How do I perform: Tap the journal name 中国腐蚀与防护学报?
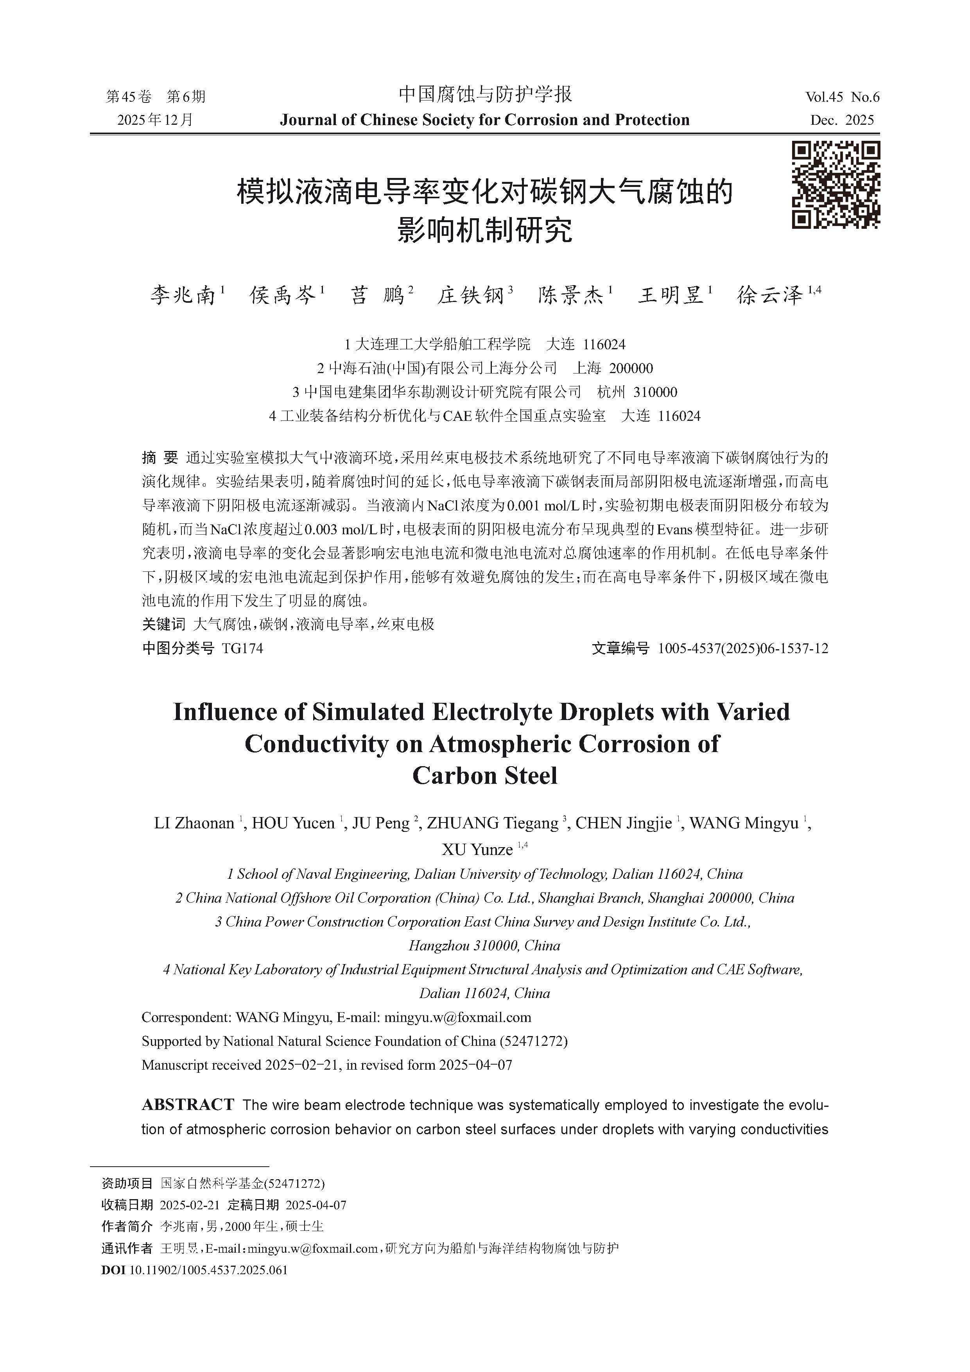tap(485, 94)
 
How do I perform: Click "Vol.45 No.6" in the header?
tap(842, 97)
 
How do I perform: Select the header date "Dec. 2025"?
tap(842, 120)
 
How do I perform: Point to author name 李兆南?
tap(183, 295)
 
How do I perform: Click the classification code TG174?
tap(242, 648)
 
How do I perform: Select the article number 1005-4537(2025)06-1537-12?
tap(743, 648)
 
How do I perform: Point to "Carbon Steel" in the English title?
tap(484, 776)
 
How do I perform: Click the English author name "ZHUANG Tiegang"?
tap(492, 823)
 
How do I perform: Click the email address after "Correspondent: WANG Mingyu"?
tap(457, 1017)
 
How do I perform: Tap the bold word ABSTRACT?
tap(188, 1105)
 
